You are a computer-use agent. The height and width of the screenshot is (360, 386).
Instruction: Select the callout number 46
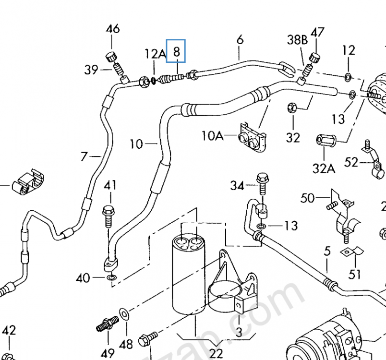(x=113, y=29)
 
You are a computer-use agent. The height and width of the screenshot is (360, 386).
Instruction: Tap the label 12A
(x=155, y=53)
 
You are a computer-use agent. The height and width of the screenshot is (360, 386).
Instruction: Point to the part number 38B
(x=297, y=40)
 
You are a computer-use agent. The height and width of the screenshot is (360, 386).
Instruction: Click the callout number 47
(x=317, y=33)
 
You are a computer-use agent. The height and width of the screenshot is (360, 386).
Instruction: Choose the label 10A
(x=213, y=136)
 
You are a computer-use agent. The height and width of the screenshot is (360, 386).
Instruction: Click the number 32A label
(x=325, y=168)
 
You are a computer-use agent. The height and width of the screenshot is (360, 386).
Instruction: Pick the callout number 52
(x=351, y=162)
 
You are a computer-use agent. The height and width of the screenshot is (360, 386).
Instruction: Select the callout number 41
(x=110, y=185)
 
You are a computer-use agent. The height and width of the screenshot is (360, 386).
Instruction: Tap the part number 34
(x=237, y=185)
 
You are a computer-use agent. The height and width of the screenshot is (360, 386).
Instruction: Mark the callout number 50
(x=308, y=198)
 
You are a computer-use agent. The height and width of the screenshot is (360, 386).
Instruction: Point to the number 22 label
(x=217, y=353)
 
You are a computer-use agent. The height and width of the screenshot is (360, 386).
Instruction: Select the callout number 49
(x=109, y=353)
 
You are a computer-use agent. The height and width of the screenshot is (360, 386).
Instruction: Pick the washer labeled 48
(x=123, y=315)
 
